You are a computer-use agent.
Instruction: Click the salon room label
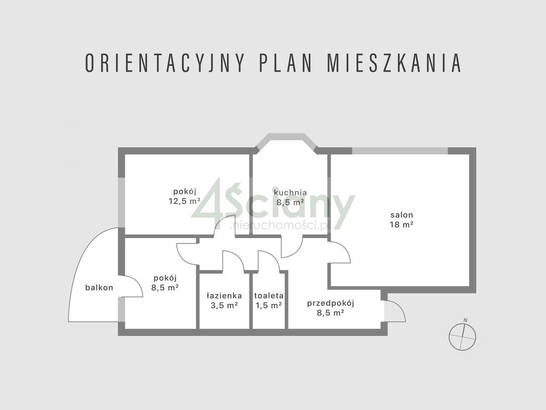tap(402, 215)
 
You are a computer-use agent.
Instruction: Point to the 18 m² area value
tap(402, 225)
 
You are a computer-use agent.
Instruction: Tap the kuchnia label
tap(290, 192)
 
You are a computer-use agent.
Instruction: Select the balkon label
tap(99, 288)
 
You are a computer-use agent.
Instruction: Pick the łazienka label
tap(224, 295)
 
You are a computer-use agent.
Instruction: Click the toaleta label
tap(269, 295)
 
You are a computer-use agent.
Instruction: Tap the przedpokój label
tap(331, 303)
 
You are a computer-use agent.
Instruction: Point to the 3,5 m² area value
tap(224, 305)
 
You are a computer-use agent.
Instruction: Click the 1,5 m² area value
tap(269, 305)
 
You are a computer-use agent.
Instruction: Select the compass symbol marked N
tap(463, 336)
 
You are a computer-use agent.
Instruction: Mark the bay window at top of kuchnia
tap(285, 143)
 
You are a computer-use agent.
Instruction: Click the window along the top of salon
tap(399, 151)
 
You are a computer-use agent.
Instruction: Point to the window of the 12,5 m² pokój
tap(122, 203)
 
